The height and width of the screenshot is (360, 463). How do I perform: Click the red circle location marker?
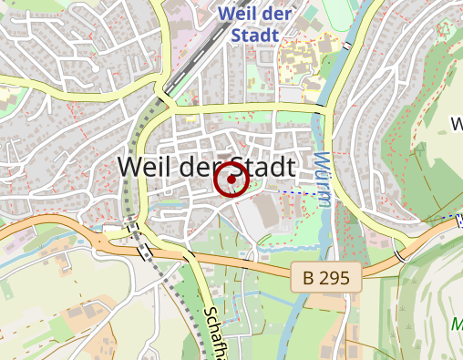coord(231,180)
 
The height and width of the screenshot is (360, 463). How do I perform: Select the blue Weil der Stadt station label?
coord(255,24)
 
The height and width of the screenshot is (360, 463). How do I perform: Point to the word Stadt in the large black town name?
coord(265,168)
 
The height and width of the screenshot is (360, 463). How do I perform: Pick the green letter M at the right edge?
coord(457,324)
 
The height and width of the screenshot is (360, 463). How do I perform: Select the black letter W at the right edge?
coord(457,122)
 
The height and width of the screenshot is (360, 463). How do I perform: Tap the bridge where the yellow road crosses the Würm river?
coord(324,109)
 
